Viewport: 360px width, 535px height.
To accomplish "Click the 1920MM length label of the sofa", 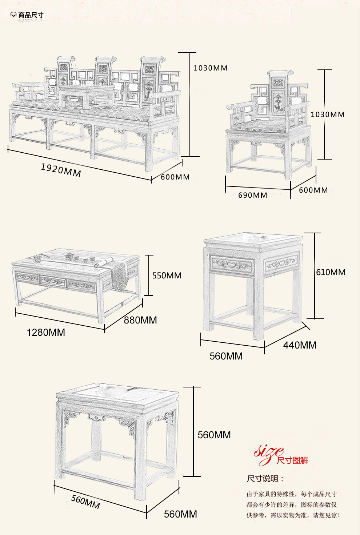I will (x=61, y=170).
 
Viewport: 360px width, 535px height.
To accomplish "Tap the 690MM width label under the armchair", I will (x=252, y=195).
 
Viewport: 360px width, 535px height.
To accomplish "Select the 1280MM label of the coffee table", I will (x=46, y=332).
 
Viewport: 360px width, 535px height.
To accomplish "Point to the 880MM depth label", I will (x=140, y=320).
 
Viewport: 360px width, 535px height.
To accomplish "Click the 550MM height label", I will (x=167, y=275).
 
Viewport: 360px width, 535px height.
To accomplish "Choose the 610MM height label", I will (x=331, y=272).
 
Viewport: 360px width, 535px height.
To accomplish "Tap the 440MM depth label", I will (x=300, y=345).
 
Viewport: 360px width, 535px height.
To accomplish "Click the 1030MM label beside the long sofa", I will (x=210, y=68).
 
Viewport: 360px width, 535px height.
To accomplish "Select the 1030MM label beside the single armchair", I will (x=327, y=114).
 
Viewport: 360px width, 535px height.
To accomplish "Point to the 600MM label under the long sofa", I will (x=175, y=177).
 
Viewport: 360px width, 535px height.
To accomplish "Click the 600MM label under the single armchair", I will (x=313, y=190).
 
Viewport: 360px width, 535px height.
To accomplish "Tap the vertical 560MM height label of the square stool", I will (x=214, y=435).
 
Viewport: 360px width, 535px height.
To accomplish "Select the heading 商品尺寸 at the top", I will (x=31, y=15).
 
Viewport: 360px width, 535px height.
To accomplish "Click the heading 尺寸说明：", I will (x=265, y=479).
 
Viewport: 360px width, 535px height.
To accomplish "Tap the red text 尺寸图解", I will (x=292, y=460).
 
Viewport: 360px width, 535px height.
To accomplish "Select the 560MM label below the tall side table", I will (x=226, y=356).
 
